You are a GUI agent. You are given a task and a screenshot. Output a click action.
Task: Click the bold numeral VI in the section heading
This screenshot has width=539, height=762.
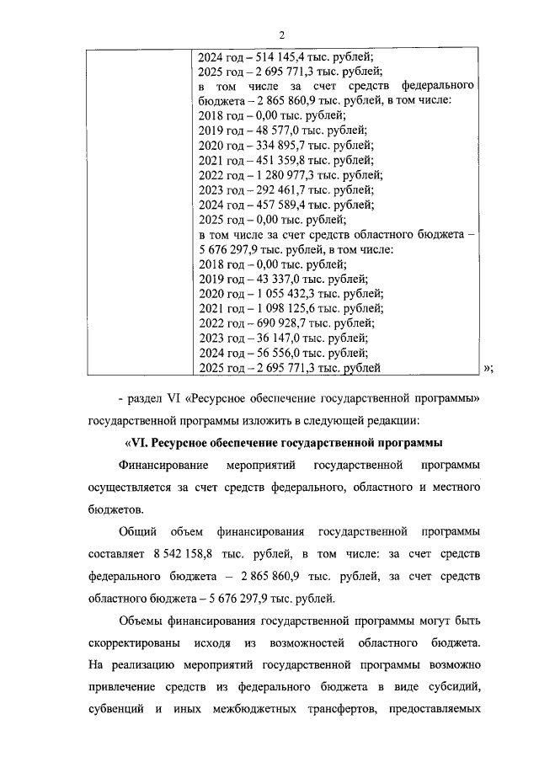pyautogui.click(x=138, y=444)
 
